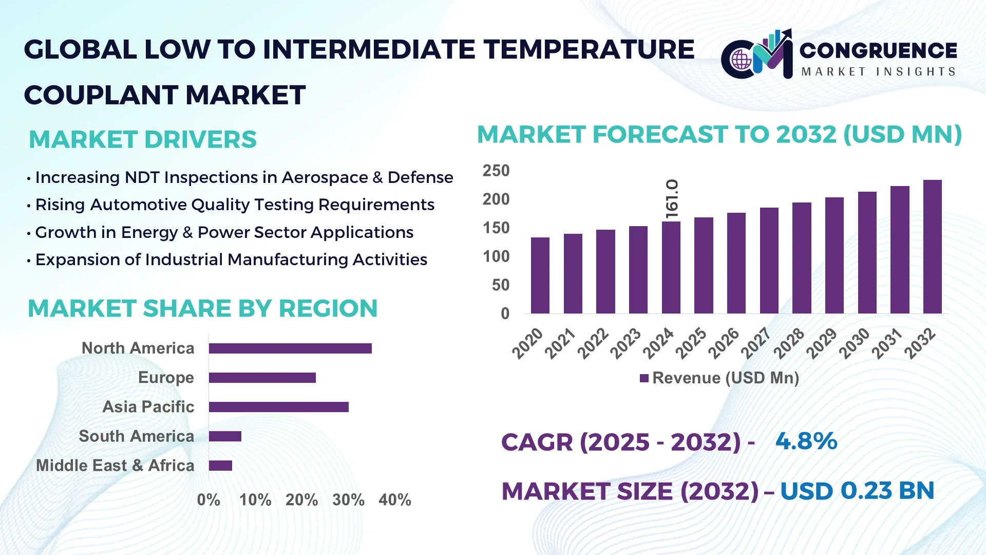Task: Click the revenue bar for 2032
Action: (932, 247)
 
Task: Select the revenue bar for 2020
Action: (540, 275)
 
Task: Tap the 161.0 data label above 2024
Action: (672, 199)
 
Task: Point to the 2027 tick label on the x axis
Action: (756, 343)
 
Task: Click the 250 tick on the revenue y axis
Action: (496, 171)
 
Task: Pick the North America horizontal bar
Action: (290, 348)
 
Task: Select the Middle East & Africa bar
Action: (220, 466)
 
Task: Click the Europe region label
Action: (166, 378)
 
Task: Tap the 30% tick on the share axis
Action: (348, 500)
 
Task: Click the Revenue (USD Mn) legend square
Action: (644, 378)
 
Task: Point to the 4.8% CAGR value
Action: (806, 441)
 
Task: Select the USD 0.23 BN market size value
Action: (857, 491)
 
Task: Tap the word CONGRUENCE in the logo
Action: (878, 50)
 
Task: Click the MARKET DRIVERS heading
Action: (142, 140)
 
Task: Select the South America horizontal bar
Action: (225, 436)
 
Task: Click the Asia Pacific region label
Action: (148, 407)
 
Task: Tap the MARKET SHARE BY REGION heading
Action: (202, 309)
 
